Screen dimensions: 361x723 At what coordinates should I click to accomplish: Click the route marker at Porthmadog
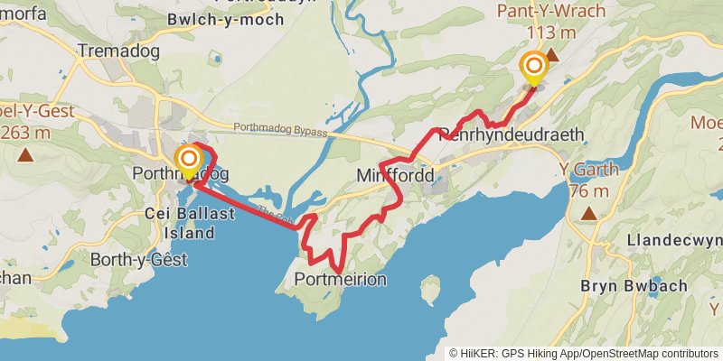[x=189, y=161]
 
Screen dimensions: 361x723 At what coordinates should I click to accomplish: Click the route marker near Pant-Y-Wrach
[x=533, y=68]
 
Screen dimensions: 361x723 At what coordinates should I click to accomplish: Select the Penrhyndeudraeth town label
[x=512, y=134]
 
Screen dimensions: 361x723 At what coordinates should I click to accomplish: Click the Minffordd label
[x=396, y=174]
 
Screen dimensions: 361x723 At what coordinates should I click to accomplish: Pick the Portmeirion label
[x=341, y=280]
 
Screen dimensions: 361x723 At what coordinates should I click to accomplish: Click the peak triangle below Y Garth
[x=589, y=214]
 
